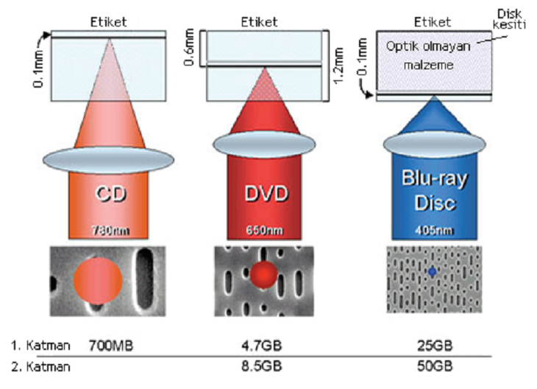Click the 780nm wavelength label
(110, 231)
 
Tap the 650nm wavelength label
(264, 230)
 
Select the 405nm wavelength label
(434, 230)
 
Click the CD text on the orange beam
(110, 194)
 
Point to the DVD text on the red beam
(266, 194)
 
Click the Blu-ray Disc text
(435, 190)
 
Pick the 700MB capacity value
(110, 346)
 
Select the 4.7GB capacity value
(262, 346)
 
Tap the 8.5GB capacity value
(262, 366)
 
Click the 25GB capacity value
(435, 346)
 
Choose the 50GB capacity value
(435, 366)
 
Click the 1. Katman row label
(40, 346)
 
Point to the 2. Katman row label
(40, 367)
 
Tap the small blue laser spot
(433, 272)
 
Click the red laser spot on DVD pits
(263, 274)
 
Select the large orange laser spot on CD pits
(98, 280)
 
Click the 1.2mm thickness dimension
(338, 65)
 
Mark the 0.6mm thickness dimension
(189, 47)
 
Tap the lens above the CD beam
(108, 160)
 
